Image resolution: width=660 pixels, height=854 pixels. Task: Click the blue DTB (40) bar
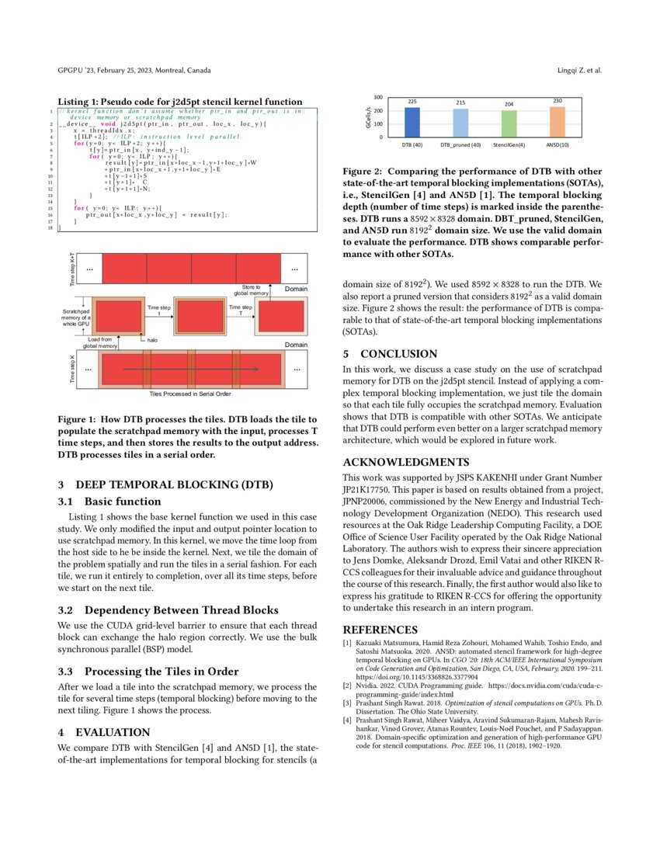tap(412, 123)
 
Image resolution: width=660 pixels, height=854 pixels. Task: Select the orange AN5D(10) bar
tap(558, 123)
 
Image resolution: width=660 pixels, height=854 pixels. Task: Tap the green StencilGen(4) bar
tap(509, 124)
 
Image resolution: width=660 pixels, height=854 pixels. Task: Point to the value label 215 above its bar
tap(460, 102)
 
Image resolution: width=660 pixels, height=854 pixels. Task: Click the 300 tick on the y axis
tap(378, 98)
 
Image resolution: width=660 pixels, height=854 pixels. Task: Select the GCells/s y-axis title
tap(367, 118)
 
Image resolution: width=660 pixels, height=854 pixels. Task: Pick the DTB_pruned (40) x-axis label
tap(460, 145)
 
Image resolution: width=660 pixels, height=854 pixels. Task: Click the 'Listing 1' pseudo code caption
tap(180, 102)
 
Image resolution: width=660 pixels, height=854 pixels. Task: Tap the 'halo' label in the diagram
tap(153, 339)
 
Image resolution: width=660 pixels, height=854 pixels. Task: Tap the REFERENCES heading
tap(380, 629)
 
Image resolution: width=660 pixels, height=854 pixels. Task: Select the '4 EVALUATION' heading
tap(103, 731)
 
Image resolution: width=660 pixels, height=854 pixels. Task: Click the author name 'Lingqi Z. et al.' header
tap(579, 71)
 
